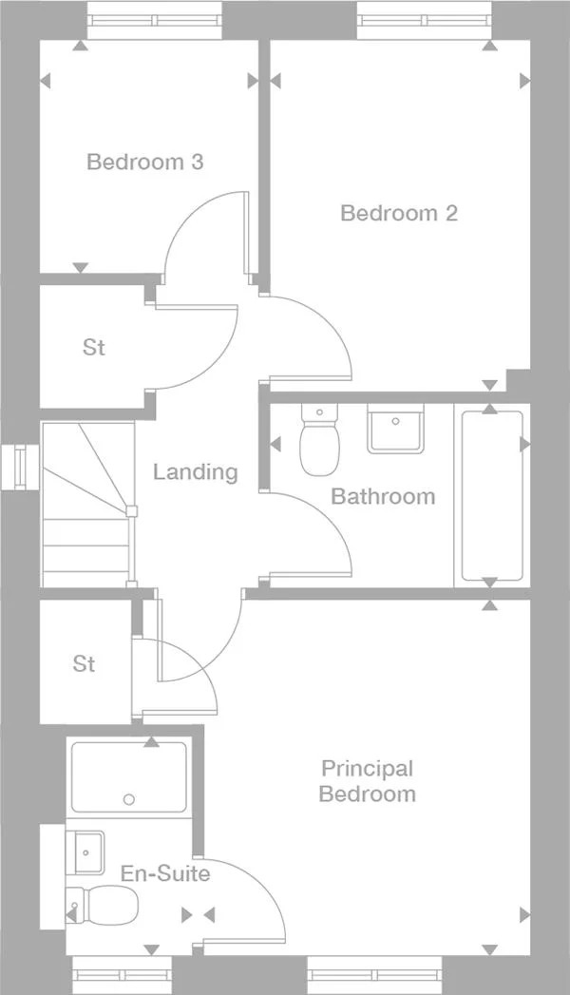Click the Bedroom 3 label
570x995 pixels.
click(x=144, y=162)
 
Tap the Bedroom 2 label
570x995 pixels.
click(x=398, y=213)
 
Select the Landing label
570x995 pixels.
click(x=195, y=471)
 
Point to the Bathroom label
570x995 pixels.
click(x=383, y=496)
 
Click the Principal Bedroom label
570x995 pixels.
click(x=367, y=781)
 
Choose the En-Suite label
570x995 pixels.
click(x=165, y=872)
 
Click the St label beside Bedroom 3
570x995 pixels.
click(x=93, y=348)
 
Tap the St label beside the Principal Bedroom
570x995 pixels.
click(x=84, y=663)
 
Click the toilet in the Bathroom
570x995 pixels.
click(x=318, y=441)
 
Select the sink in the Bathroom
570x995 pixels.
click(x=396, y=430)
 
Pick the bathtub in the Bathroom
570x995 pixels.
click(x=491, y=495)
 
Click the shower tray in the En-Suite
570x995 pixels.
click(x=129, y=776)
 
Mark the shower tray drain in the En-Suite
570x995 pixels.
click(x=129, y=799)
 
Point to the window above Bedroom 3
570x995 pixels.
click(x=155, y=19)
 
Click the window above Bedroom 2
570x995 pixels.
click(x=425, y=19)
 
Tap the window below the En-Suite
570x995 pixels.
click(x=123, y=975)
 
